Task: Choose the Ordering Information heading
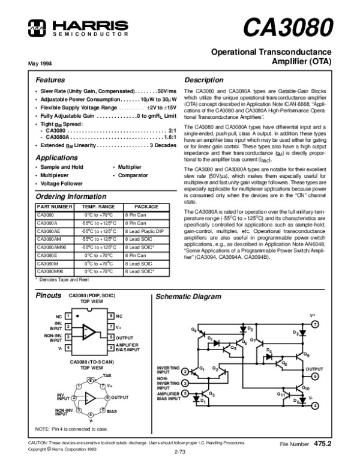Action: [67, 196]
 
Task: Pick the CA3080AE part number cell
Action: [49, 231]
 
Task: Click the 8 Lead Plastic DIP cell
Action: [143, 231]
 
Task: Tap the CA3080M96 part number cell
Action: [50, 271]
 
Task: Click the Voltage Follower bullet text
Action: [60, 183]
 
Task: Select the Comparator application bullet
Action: [132, 175]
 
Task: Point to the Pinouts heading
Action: [48, 297]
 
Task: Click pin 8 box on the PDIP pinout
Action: [111, 315]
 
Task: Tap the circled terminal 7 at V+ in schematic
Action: [315, 324]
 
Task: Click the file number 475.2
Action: [322, 443]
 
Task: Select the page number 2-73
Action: [179, 451]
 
